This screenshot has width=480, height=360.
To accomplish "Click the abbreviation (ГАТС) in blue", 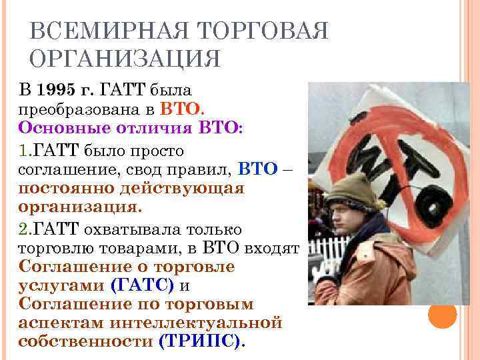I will click(x=142, y=285).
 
